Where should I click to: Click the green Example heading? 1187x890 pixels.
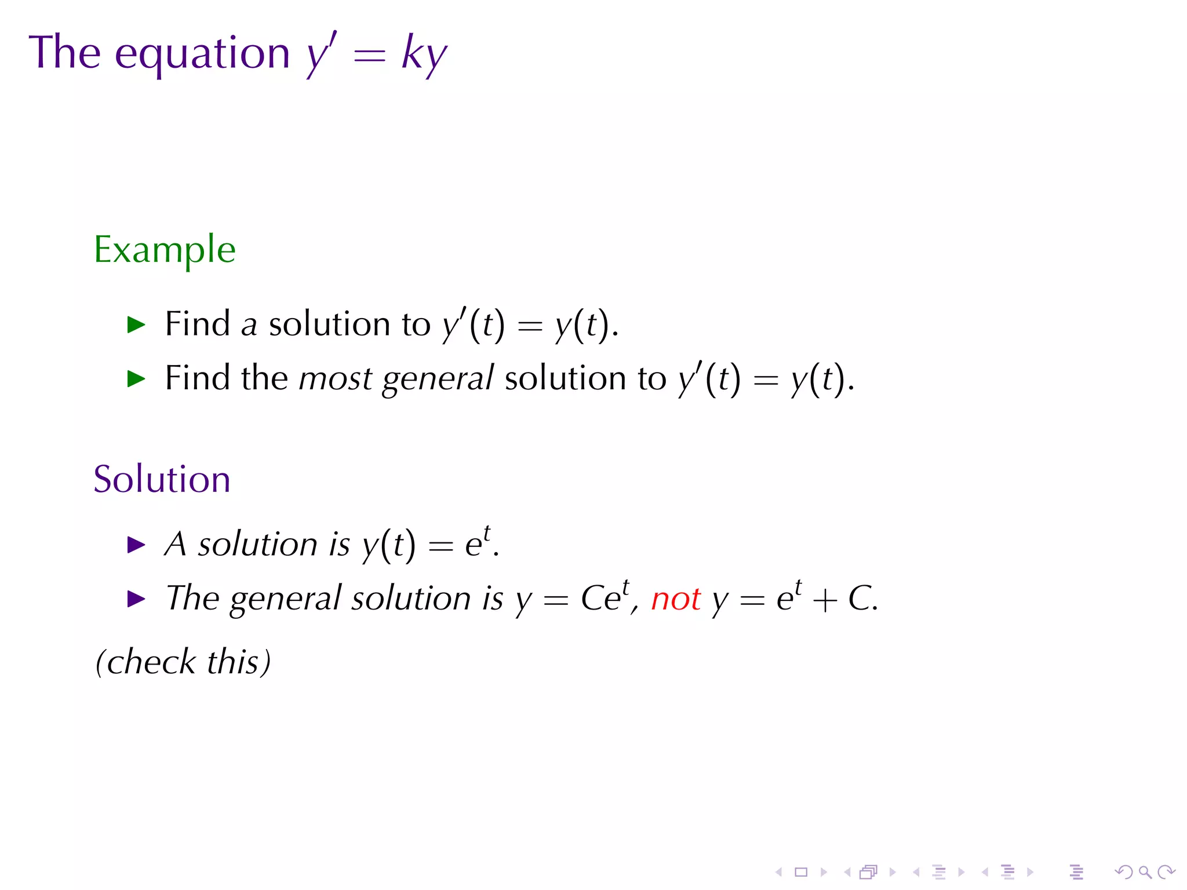[x=165, y=250]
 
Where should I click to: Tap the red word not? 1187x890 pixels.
[x=676, y=599]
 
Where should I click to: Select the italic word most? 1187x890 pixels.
[x=335, y=379]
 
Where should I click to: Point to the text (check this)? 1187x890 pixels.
[x=183, y=662]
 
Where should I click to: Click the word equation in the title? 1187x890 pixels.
[x=202, y=54]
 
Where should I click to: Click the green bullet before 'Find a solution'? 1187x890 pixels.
[x=136, y=325]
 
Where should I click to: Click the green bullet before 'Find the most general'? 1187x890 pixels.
[x=136, y=380]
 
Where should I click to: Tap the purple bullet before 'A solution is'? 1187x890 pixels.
[x=136, y=545]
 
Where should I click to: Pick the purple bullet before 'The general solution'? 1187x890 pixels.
[x=136, y=599]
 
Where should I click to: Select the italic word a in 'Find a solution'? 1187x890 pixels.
[x=249, y=325]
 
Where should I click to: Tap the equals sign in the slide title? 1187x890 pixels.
[x=369, y=55]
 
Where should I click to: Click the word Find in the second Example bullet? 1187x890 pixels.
[x=197, y=378]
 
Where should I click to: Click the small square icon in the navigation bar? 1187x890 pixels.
[x=801, y=872]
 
